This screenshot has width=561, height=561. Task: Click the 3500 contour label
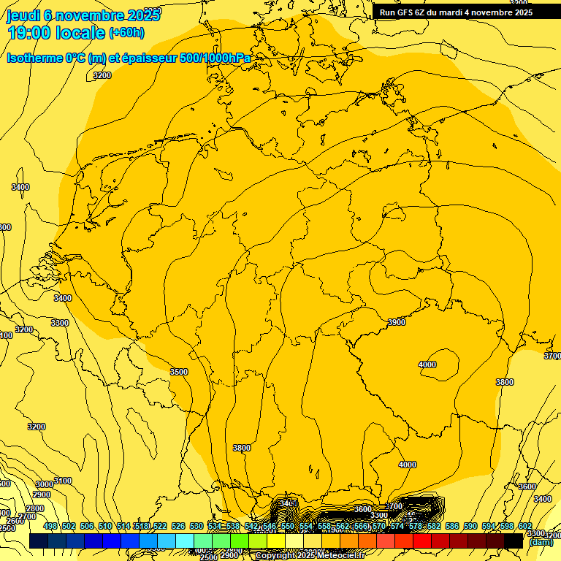click(x=179, y=372)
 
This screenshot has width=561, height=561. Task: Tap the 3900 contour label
click(x=397, y=322)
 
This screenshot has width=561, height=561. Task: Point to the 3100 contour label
click(x=63, y=481)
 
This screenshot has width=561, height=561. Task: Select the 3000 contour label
click(x=44, y=484)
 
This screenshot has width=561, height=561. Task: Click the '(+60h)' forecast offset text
click(x=126, y=33)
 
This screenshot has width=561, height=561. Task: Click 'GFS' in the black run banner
click(x=409, y=12)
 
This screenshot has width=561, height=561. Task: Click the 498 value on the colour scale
click(x=50, y=527)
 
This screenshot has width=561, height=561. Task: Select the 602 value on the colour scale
click(x=525, y=527)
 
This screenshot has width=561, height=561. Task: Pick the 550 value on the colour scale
click(x=288, y=527)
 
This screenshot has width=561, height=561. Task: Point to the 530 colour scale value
click(x=196, y=527)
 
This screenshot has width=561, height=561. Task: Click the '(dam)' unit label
click(x=541, y=542)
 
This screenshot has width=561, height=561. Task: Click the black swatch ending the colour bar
click(x=514, y=541)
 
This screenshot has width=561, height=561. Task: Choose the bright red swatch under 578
click(x=422, y=541)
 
